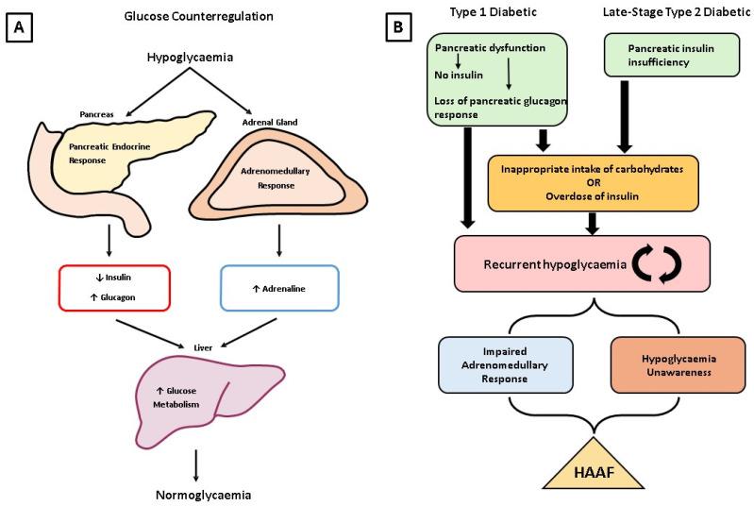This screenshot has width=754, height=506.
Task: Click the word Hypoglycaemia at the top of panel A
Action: click(x=192, y=59)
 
